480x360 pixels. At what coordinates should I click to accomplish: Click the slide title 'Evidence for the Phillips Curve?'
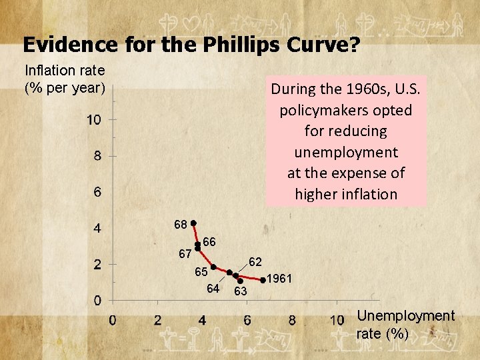[191, 45]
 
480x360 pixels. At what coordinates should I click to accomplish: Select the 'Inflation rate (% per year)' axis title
[65, 79]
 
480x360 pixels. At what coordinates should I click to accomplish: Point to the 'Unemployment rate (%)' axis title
[405, 325]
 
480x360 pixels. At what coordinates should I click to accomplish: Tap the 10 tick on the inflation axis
[93, 120]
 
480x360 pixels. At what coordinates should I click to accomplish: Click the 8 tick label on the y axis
[97, 157]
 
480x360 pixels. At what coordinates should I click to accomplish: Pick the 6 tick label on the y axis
[97, 193]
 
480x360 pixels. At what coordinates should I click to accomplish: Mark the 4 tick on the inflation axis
[97, 229]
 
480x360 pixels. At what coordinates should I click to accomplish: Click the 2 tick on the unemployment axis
[158, 321]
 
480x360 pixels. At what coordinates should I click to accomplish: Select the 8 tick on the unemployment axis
[292, 321]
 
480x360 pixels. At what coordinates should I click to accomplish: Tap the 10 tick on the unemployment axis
[337, 321]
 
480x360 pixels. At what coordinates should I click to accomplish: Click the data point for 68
[193, 223]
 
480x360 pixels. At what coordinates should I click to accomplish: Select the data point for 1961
[263, 279]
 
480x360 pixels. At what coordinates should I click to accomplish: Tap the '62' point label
[255, 261]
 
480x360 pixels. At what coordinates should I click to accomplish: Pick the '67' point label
[185, 254]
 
